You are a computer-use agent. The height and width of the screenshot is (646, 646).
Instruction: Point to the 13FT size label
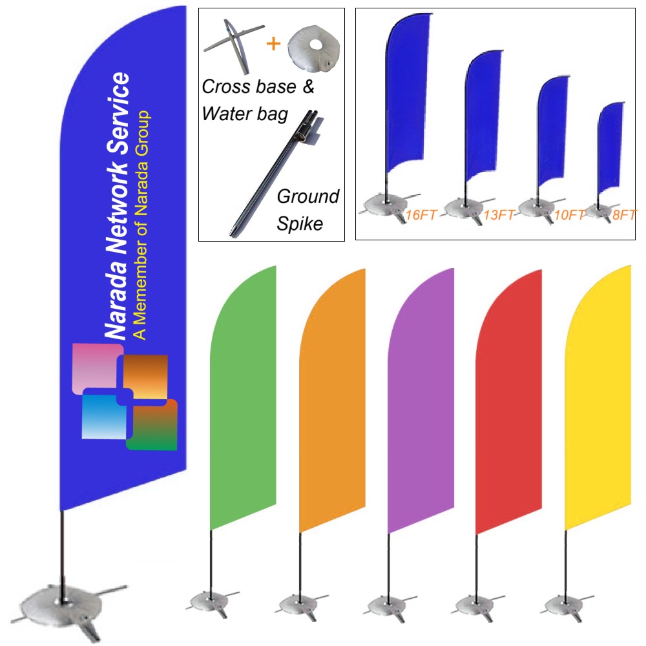[499, 215]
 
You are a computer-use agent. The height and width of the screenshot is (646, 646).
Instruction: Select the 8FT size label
[624, 215]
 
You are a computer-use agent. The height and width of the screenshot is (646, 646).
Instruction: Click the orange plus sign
[274, 44]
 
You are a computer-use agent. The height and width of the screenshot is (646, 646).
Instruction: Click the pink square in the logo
[95, 366]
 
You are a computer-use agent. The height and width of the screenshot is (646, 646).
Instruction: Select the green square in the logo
[152, 426]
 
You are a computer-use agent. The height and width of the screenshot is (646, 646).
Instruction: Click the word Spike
[300, 224]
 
